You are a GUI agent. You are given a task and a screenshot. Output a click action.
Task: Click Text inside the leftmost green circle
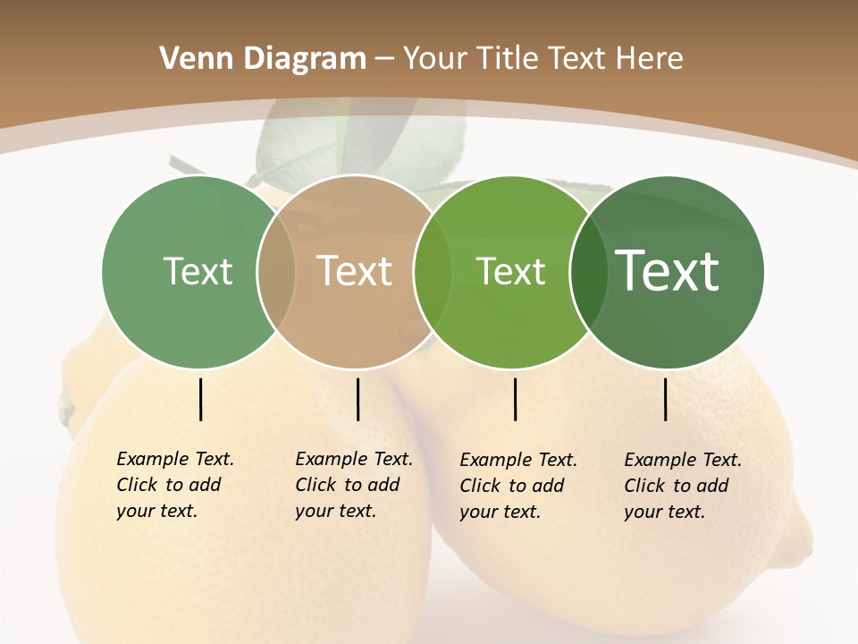point(198,271)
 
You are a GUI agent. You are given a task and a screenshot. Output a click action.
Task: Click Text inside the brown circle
point(355,271)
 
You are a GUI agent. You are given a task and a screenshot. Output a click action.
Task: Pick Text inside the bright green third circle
point(510,271)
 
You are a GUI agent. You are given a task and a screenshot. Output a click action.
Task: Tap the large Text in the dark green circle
point(669,271)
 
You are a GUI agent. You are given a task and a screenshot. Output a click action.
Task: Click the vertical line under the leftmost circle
point(201,399)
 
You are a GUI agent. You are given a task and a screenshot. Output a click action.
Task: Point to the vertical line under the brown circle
point(357,399)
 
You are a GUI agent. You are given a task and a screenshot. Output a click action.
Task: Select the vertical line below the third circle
point(516,399)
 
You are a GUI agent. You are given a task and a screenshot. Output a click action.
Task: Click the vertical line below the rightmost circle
point(666,399)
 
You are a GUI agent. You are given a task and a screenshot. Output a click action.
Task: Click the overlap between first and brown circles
point(275,272)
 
